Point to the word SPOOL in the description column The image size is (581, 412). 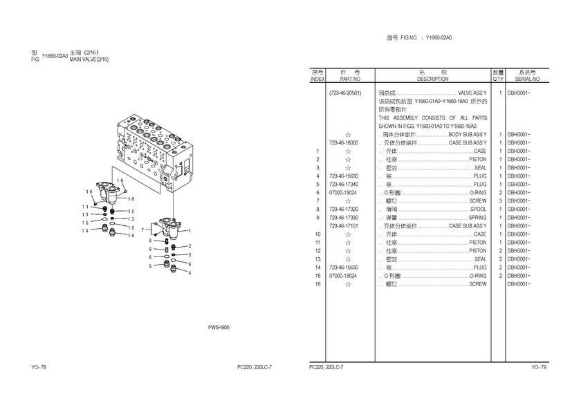pos(478,209)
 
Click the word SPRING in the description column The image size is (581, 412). pos(477,217)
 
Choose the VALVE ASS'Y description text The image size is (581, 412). pos(472,93)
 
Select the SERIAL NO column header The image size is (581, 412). pos(527,79)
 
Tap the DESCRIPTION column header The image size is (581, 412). pos(432,79)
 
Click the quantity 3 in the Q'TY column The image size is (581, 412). pos(499,200)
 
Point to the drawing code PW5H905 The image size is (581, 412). pos(219,328)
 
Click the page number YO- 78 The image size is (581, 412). pos(39,367)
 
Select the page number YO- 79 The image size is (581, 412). pos(539,367)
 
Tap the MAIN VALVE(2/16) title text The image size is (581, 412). pos(89,59)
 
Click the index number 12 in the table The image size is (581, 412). pos(317,251)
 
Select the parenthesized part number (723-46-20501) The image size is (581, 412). pos(346,93)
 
